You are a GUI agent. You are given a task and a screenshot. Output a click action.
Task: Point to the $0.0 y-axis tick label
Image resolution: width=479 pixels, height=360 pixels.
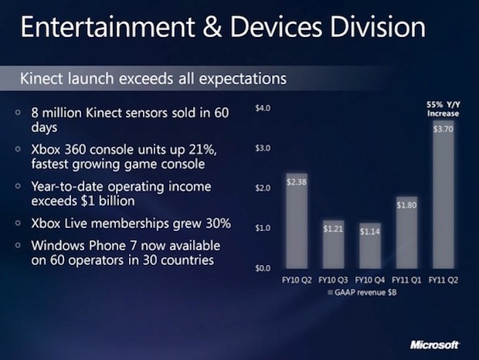(x=262, y=268)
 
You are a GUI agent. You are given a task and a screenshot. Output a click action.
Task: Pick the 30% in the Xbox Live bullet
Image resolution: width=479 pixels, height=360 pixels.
(x=209, y=223)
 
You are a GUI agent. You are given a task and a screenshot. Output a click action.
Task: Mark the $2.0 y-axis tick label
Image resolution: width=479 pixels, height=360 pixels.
(x=262, y=188)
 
